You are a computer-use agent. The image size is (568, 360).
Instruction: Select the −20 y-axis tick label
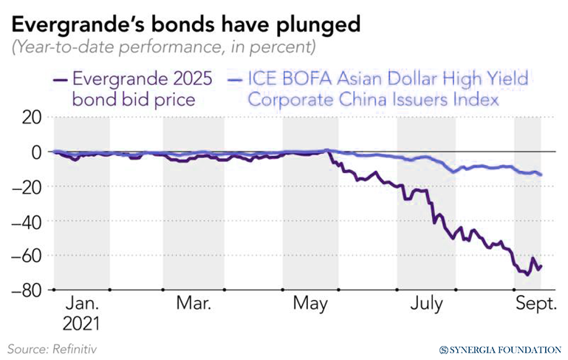(27, 186)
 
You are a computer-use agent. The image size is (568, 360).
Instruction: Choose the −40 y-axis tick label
(27, 221)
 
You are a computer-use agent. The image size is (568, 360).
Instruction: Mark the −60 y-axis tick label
(27, 255)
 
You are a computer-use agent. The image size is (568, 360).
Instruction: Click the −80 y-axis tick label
(27, 290)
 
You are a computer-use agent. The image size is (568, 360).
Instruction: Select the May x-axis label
(311, 305)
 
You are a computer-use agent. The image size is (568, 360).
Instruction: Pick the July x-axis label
(426, 305)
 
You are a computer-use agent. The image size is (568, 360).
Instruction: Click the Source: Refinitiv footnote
(52, 347)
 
